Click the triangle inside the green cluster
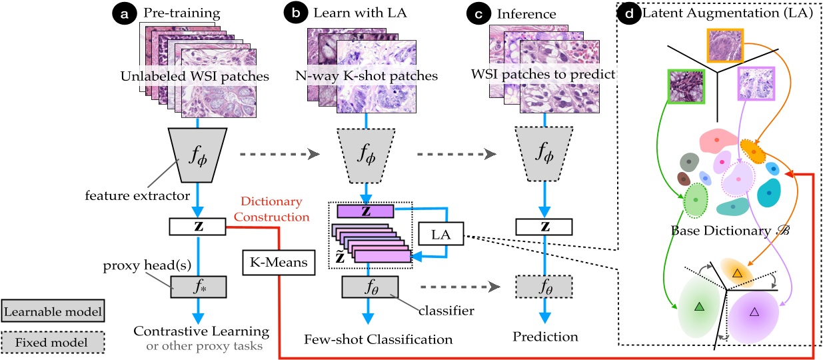pos(699,306)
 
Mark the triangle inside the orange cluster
pos(736,273)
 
